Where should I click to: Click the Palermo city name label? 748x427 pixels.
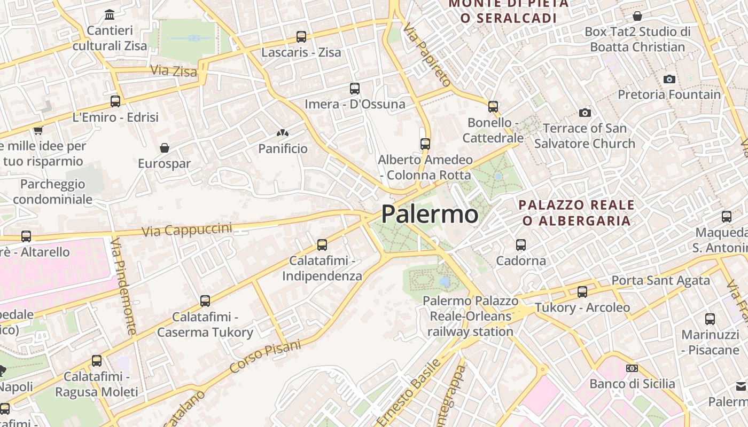tap(430, 214)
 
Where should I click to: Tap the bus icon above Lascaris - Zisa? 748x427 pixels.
tap(301, 37)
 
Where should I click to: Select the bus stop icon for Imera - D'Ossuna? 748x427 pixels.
tap(355, 89)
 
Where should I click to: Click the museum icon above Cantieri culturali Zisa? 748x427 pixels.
tap(110, 14)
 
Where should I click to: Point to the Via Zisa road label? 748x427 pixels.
tap(174, 70)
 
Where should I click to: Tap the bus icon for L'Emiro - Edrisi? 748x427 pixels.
tap(115, 101)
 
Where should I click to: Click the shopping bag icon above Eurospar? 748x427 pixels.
tap(165, 148)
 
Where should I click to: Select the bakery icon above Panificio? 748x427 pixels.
tap(283, 133)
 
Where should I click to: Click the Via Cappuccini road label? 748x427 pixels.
tap(187, 230)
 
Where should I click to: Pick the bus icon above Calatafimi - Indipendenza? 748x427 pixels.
tap(322, 245)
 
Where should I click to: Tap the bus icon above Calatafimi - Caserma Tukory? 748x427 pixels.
tap(205, 301)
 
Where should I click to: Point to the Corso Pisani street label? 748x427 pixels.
tap(265, 356)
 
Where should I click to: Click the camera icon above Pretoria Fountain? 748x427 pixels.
tap(669, 79)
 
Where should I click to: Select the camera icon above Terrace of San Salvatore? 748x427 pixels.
tap(585, 113)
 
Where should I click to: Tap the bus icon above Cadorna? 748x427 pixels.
tap(521, 245)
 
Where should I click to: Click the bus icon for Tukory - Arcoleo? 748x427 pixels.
tap(582, 292)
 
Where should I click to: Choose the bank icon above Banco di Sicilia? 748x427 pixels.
tap(632, 368)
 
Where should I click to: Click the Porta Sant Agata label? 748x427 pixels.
tap(660, 280)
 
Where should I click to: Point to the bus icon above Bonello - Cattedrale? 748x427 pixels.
tap(493, 107)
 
